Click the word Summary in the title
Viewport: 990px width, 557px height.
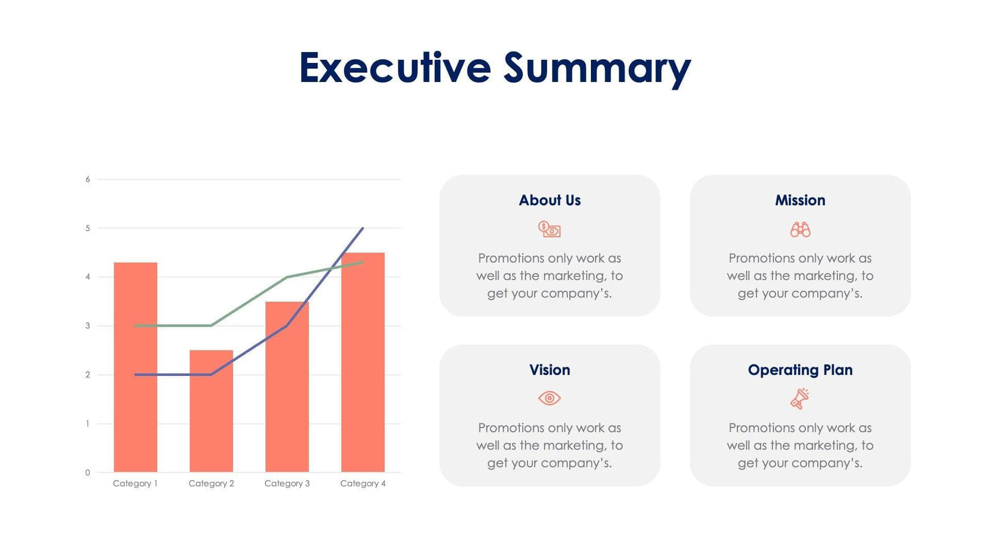[x=597, y=68]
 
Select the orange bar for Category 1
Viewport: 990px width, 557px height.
[x=135, y=367]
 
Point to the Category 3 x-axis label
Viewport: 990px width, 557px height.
[x=287, y=484]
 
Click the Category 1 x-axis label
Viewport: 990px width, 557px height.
[x=135, y=484]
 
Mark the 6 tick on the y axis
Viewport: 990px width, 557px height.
[x=87, y=179]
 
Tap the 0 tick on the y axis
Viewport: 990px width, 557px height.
[x=87, y=473]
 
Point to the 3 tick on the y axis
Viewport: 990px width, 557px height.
[x=87, y=326]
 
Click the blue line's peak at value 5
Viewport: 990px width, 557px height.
[x=362, y=229]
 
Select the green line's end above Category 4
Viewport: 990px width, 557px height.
[x=362, y=262]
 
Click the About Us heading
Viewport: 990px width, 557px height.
[x=549, y=201]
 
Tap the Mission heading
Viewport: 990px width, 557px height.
[x=800, y=201]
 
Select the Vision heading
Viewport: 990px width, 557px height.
[x=549, y=370]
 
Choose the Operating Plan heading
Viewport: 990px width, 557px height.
[x=800, y=370]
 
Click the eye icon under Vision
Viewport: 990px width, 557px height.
[x=549, y=398]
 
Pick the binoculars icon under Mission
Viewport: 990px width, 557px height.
[x=800, y=230]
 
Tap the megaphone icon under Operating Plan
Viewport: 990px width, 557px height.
[x=799, y=399]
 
